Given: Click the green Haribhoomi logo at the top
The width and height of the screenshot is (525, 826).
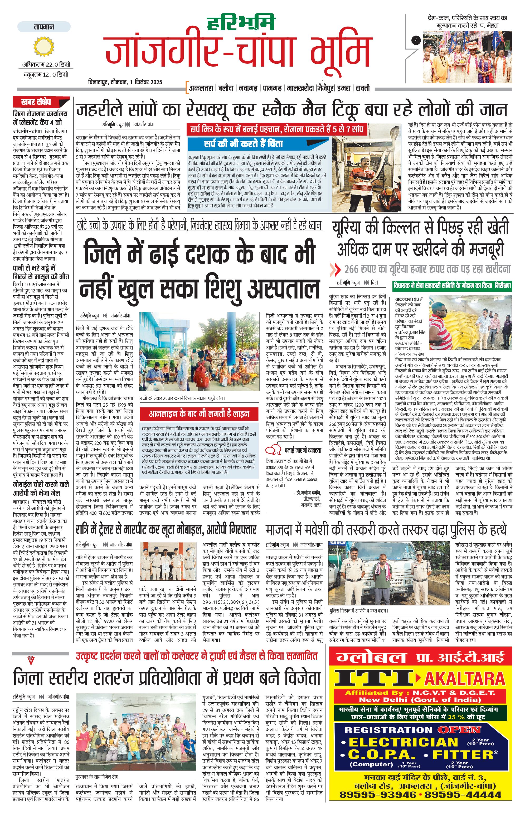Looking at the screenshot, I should (x=241, y=23).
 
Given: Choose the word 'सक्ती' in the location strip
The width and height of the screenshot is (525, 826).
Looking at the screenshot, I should (x=363, y=88).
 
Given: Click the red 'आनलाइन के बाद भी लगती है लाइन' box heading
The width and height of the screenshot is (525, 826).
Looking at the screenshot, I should (x=199, y=414).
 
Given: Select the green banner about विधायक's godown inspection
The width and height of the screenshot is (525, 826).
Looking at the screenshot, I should (x=452, y=285).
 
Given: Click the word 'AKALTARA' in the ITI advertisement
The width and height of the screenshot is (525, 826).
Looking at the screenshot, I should (x=465, y=679).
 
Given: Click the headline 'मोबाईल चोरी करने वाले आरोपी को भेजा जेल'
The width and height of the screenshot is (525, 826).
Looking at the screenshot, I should (x=41, y=489).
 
